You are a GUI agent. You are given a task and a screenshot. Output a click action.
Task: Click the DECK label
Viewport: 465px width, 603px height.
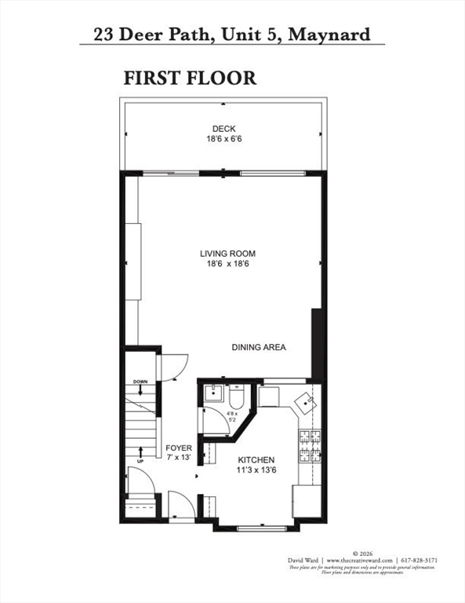point(223,129)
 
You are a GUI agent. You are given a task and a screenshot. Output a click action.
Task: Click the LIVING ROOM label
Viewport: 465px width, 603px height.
point(227,253)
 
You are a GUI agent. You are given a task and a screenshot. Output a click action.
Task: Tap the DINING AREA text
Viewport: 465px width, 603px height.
point(258,347)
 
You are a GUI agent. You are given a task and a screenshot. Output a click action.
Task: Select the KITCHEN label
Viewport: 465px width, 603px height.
point(256,460)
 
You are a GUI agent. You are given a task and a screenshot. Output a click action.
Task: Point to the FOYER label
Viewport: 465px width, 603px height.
point(179,448)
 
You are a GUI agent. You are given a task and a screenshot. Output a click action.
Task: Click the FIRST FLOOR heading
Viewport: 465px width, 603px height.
point(190,78)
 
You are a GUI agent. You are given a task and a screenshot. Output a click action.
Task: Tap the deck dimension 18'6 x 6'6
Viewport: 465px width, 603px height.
point(223,139)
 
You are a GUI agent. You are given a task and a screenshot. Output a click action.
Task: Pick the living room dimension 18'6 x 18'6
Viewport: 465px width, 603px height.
point(227,264)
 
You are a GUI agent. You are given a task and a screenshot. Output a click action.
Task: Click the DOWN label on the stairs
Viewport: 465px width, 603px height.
point(140,382)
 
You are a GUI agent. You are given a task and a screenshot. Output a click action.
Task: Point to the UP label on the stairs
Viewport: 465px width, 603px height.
point(140,462)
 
